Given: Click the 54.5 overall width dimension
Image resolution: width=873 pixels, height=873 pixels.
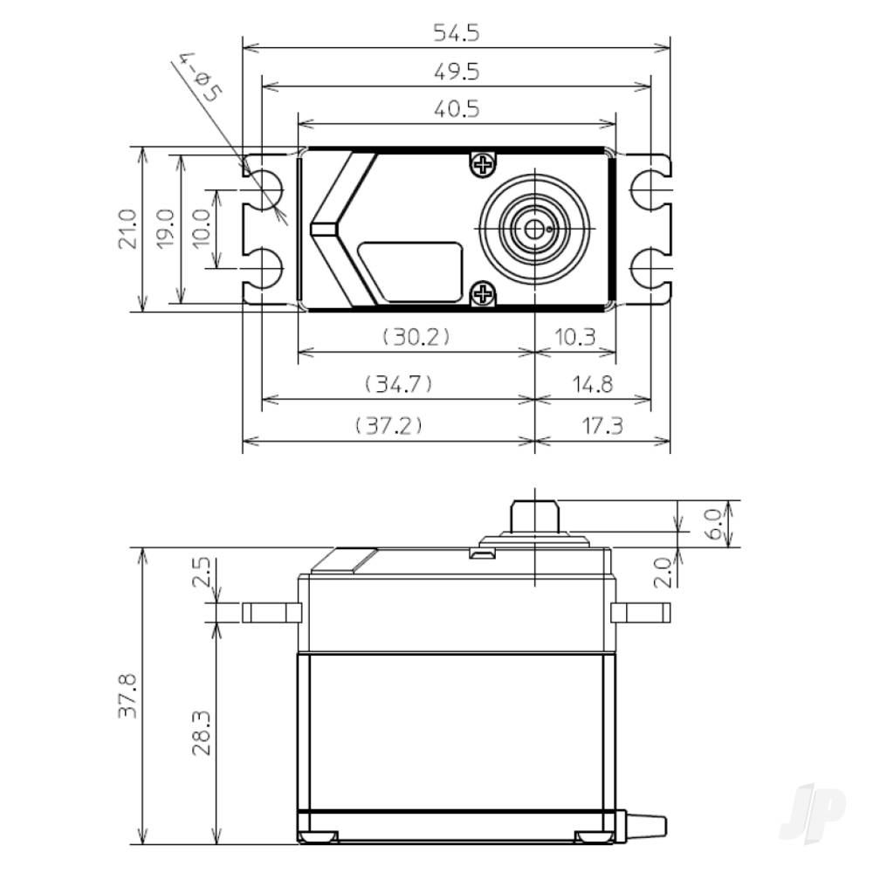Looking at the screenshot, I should click(x=457, y=32).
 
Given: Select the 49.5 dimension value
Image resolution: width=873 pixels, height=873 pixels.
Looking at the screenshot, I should click(x=457, y=71).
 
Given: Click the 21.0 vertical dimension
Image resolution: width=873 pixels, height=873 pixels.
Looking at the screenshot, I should click(x=127, y=229).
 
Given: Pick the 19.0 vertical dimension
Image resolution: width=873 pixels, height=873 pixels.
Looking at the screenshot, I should click(x=166, y=229).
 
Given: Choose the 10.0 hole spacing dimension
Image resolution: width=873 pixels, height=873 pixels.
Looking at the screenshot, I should click(x=203, y=229).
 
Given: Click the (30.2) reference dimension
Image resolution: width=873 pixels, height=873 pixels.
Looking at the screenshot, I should click(x=415, y=337).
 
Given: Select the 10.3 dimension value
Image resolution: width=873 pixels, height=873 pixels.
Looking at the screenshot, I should click(x=575, y=337).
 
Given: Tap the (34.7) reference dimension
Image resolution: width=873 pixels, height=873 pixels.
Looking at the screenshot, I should click(x=397, y=383).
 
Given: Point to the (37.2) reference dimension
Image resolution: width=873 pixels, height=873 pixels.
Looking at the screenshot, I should click(x=388, y=425).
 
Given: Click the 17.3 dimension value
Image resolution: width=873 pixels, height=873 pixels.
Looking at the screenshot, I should click(x=602, y=425).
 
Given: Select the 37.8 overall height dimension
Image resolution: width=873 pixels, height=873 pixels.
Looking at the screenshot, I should click(x=128, y=695).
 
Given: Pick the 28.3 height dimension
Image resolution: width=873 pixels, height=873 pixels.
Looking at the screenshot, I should click(x=203, y=732).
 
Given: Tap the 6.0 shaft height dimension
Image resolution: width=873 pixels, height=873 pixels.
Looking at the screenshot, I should click(x=714, y=524).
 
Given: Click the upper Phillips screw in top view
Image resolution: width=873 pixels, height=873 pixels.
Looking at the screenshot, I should click(x=483, y=163).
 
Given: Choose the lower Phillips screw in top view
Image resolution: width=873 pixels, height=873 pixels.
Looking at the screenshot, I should click(x=483, y=295).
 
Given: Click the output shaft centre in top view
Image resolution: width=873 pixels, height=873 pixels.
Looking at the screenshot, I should click(x=533, y=230).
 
